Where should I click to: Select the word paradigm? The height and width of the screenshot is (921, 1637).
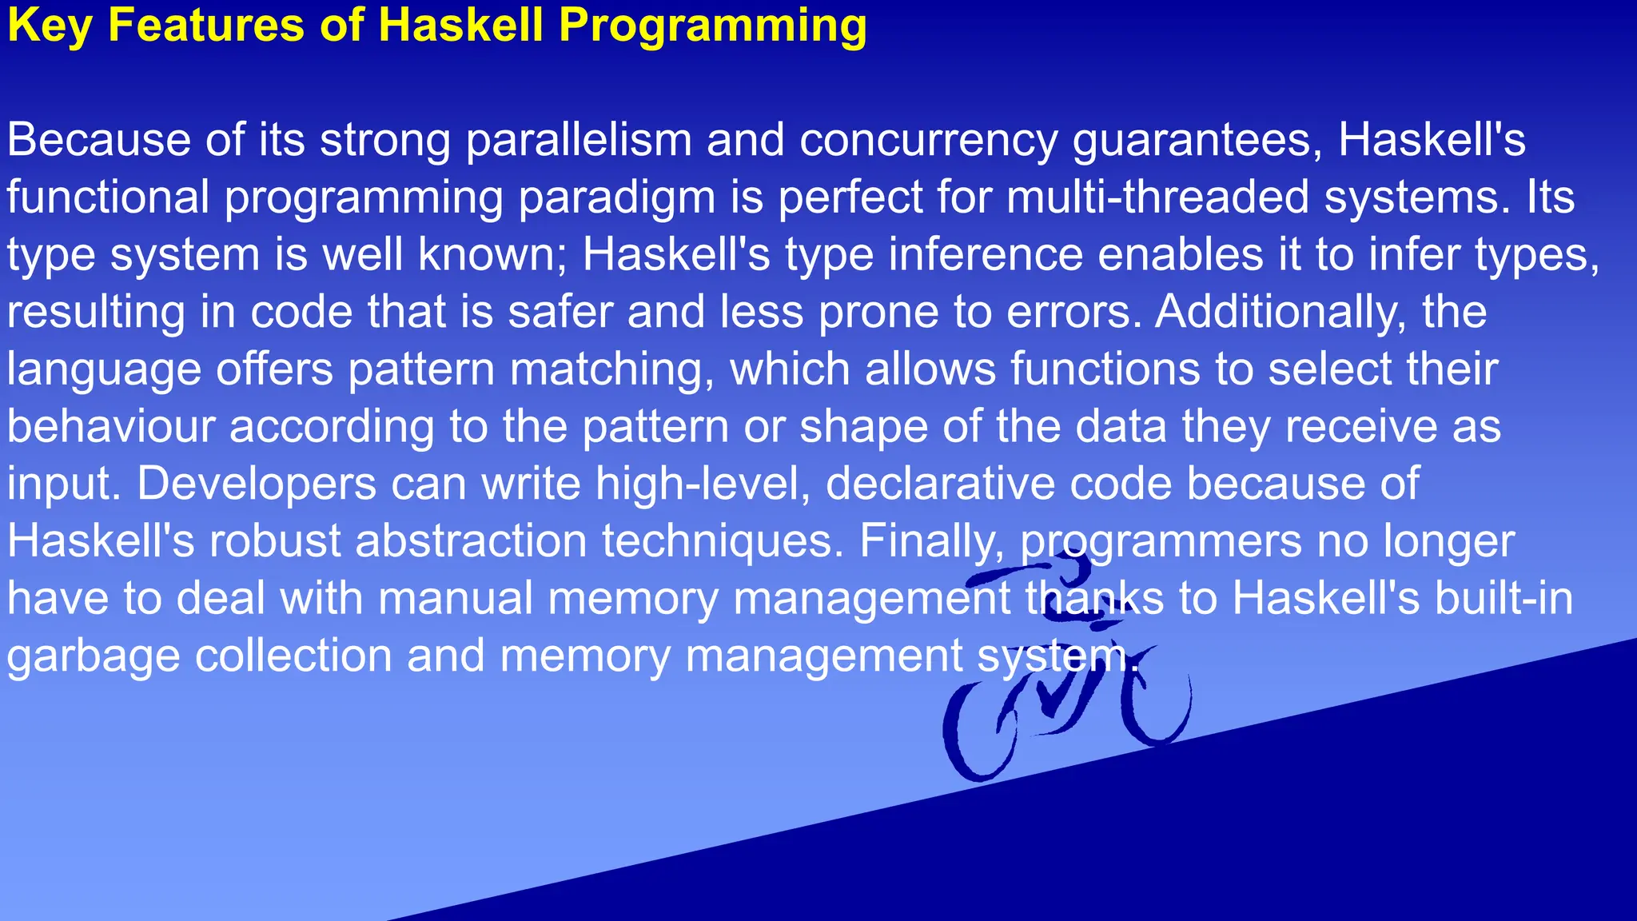[616, 198]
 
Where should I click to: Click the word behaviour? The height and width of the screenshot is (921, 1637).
[111, 426]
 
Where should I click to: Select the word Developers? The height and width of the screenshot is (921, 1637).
[257, 484]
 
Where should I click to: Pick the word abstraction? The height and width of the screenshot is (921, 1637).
[471, 541]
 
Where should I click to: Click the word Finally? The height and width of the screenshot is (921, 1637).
[931, 542]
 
